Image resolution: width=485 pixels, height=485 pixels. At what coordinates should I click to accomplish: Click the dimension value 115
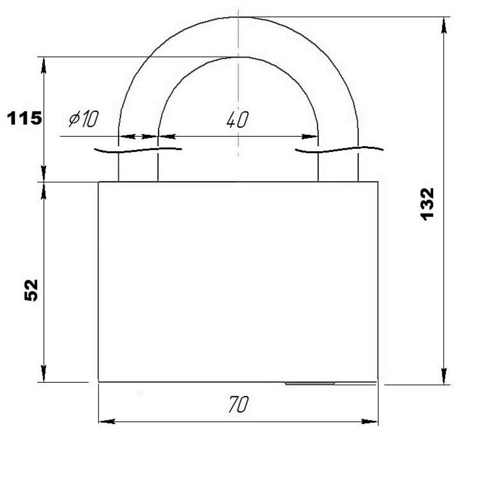(x=24, y=118)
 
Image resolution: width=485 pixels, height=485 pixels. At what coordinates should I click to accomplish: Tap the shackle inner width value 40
(x=237, y=120)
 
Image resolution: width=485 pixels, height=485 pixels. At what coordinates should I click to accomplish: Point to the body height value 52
(x=31, y=290)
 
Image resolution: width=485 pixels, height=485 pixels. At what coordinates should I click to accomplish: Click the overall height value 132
(x=428, y=204)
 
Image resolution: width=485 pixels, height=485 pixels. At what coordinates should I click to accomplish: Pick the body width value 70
(x=238, y=404)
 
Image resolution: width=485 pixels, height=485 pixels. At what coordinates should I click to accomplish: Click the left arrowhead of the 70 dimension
(x=107, y=421)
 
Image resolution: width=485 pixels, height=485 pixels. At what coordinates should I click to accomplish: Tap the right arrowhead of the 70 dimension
(x=370, y=421)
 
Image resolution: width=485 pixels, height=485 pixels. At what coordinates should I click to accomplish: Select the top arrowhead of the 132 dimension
(x=444, y=25)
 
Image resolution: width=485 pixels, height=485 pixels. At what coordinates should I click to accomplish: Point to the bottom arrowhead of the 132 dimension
(x=444, y=376)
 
